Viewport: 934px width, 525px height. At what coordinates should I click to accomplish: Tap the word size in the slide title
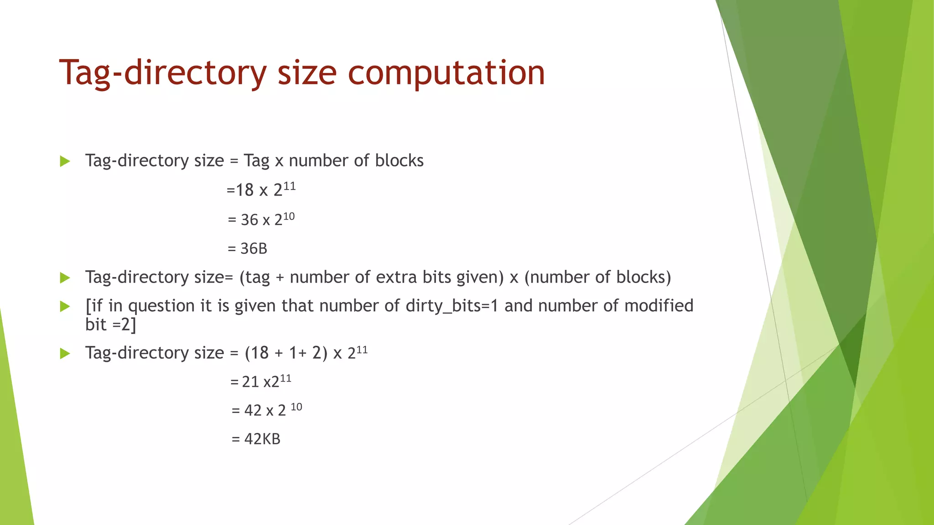[307, 73]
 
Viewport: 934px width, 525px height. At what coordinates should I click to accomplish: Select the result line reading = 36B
[247, 249]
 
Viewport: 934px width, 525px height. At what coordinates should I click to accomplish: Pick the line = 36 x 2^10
[261, 220]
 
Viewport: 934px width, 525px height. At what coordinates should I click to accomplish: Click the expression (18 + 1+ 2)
[286, 353]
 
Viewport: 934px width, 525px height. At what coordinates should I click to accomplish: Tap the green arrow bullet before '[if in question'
[65, 307]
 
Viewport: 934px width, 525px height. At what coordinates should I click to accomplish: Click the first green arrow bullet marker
[65, 161]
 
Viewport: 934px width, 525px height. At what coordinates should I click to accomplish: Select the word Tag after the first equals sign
[256, 161]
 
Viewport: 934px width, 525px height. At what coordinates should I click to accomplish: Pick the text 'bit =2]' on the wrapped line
[110, 325]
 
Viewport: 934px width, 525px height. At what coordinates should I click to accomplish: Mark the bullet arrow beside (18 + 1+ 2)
[65, 354]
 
